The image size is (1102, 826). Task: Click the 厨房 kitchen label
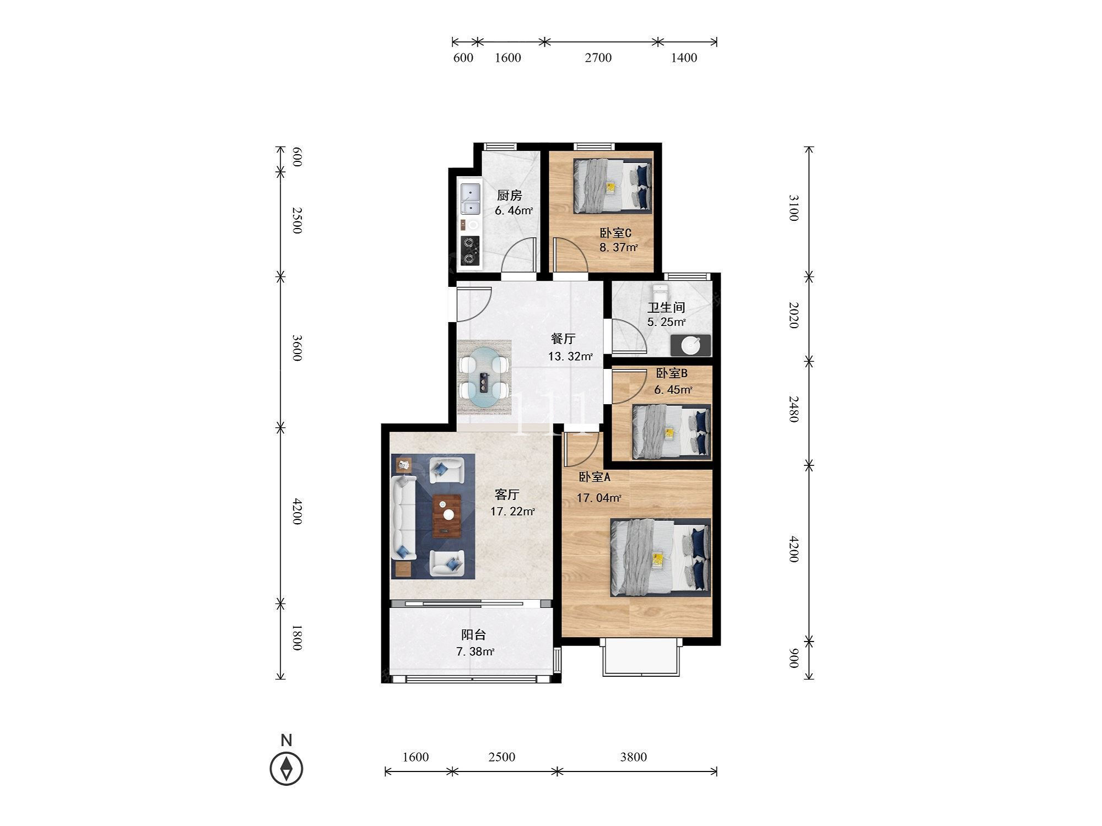pyautogui.click(x=509, y=195)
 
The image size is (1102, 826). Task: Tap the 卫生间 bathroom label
pyautogui.click(x=666, y=307)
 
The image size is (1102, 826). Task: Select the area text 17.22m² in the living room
pyautogui.click(x=512, y=512)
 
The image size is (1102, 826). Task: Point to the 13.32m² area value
pyautogui.click(x=570, y=356)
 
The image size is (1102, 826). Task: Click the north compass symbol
pyautogui.click(x=287, y=768)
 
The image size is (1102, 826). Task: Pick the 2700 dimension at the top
pyautogui.click(x=598, y=58)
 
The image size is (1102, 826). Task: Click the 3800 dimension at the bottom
pyautogui.click(x=633, y=757)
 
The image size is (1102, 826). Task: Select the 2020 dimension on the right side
pyautogui.click(x=793, y=315)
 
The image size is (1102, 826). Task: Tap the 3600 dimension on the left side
pyautogui.click(x=296, y=348)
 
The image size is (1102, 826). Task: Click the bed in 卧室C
pyautogui.click(x=612, y=186)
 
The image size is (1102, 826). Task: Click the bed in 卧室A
pyautogui.click(x=661, y=557)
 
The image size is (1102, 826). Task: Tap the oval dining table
pyautogui.click(x=484, y=377)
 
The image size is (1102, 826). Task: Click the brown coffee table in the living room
pyautogui.click(x=447, y=516)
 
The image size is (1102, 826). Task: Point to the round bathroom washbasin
pyautogui.click(x=690, y=345)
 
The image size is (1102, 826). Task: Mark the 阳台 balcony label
pyautogui.click(x=473, y=635)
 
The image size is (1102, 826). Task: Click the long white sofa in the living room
pyautogui.click(x=404, y=518)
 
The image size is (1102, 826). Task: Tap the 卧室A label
pyautogui.click(x=594, y=477)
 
